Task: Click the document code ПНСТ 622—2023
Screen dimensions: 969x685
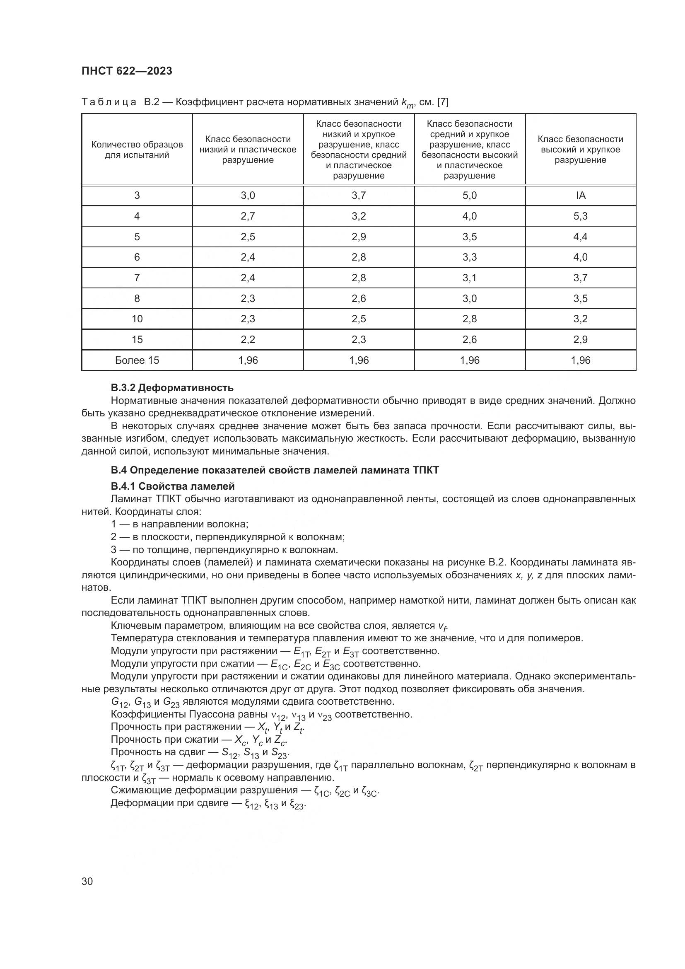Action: (127, 71)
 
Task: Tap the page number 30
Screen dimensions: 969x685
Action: (87, 881)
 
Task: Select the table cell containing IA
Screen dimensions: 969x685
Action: (580, 196)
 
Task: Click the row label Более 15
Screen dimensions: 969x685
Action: (137, 360)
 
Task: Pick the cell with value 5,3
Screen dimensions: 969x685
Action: (580, 216)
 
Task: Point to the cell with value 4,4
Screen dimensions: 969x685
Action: (580, 237)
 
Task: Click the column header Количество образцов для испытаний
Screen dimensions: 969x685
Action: (137, 150)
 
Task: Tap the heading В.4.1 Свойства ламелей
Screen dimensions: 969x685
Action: (173, 486)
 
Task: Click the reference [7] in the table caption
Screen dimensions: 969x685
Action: (443, 102)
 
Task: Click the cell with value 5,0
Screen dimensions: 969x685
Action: (470, 196)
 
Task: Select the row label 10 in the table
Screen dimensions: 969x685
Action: (137, 319)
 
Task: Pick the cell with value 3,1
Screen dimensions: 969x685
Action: (470, 278)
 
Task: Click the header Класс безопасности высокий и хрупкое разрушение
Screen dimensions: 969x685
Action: (580, 150)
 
